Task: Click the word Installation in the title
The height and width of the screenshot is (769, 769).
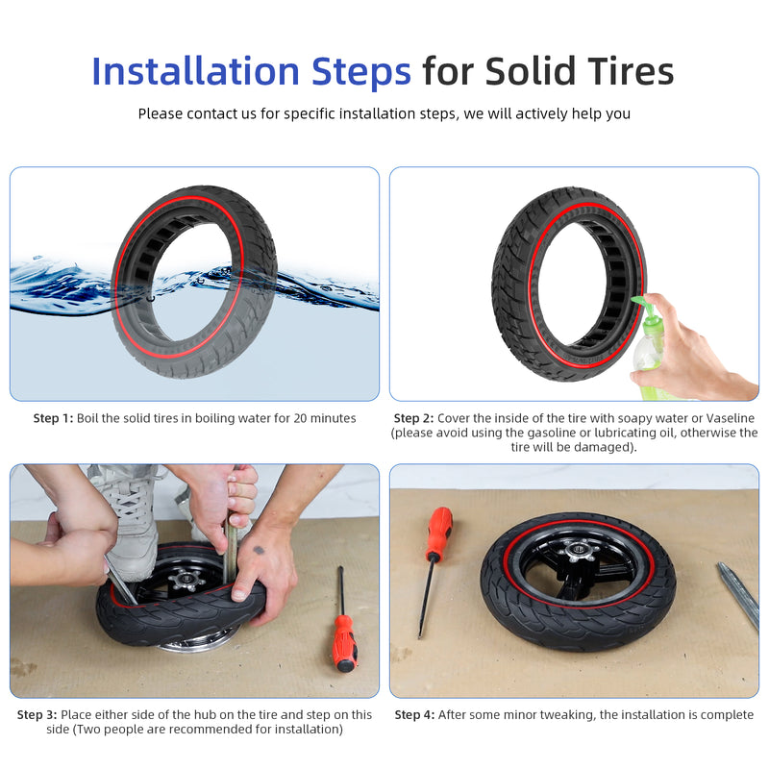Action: (x=196, y=71)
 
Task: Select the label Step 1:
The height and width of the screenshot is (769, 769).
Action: (x=53, y=418)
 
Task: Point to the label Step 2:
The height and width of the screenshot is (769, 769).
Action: (x=414, y=418)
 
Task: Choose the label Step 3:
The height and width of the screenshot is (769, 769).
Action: (x=37, y=714)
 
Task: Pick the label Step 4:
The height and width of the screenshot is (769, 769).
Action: (x=415, y=714)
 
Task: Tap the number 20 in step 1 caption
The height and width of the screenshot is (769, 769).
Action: (x=301, y=418)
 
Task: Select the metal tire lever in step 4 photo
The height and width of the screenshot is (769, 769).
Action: (x=738, y=595)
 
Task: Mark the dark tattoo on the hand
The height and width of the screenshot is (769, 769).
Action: (x=259, y=550)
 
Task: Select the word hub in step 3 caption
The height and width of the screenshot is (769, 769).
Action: (x=205, y=714)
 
